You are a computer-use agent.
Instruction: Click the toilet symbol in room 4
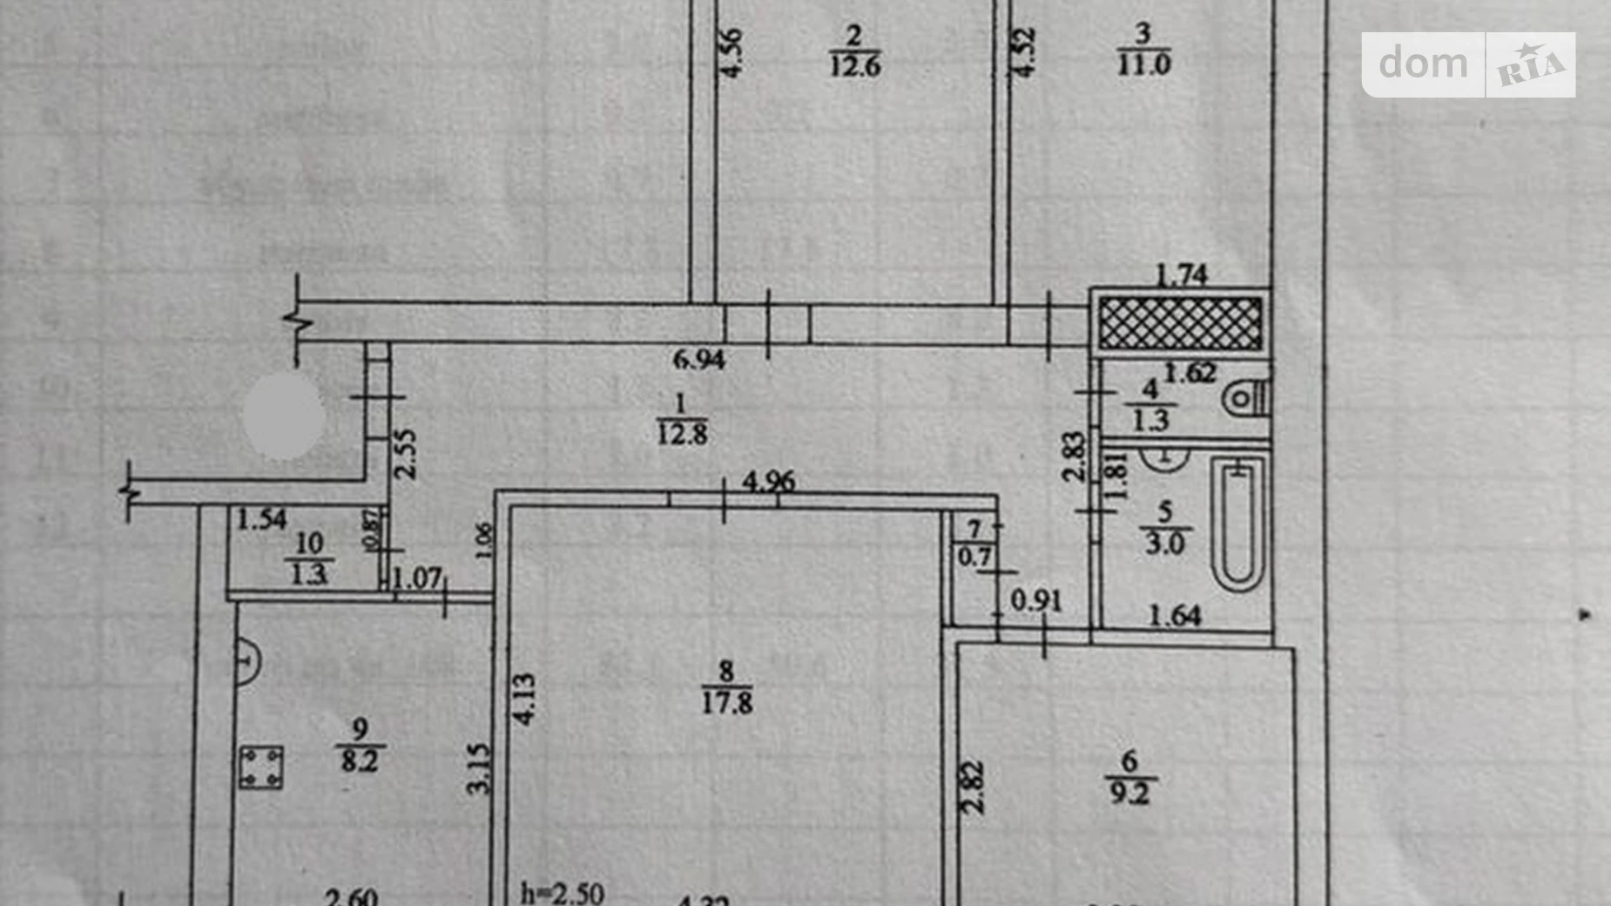click(1245, 399)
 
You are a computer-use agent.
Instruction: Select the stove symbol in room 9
click(260, 767)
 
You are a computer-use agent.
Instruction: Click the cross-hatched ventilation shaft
click(1180, 323)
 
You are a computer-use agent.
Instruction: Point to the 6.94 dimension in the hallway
click(698, 359)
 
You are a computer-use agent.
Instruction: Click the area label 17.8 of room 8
click(727, 702)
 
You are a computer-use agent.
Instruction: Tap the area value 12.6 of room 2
click(855, 65)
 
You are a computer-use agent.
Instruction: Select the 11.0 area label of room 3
click(1143, 64)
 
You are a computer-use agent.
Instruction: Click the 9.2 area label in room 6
click(1129, 793)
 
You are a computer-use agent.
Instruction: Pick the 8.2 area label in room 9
click(359, 761)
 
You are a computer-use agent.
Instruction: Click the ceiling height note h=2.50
click(562, 893)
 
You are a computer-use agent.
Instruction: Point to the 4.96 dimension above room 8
click(768, 481)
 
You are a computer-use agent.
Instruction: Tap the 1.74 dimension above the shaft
click(1181, 275)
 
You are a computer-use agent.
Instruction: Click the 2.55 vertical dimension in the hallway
click(405, 454)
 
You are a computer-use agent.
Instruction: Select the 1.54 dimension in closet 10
click(261, 520)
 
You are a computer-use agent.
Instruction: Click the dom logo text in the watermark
click(1423, 64)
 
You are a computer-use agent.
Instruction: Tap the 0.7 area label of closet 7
click(974, 556)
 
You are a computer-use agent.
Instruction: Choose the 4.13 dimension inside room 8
click(524, 699)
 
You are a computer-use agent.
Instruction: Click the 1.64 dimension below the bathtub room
click(1175, 616)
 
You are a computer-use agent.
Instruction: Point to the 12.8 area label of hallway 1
click(682, 433)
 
